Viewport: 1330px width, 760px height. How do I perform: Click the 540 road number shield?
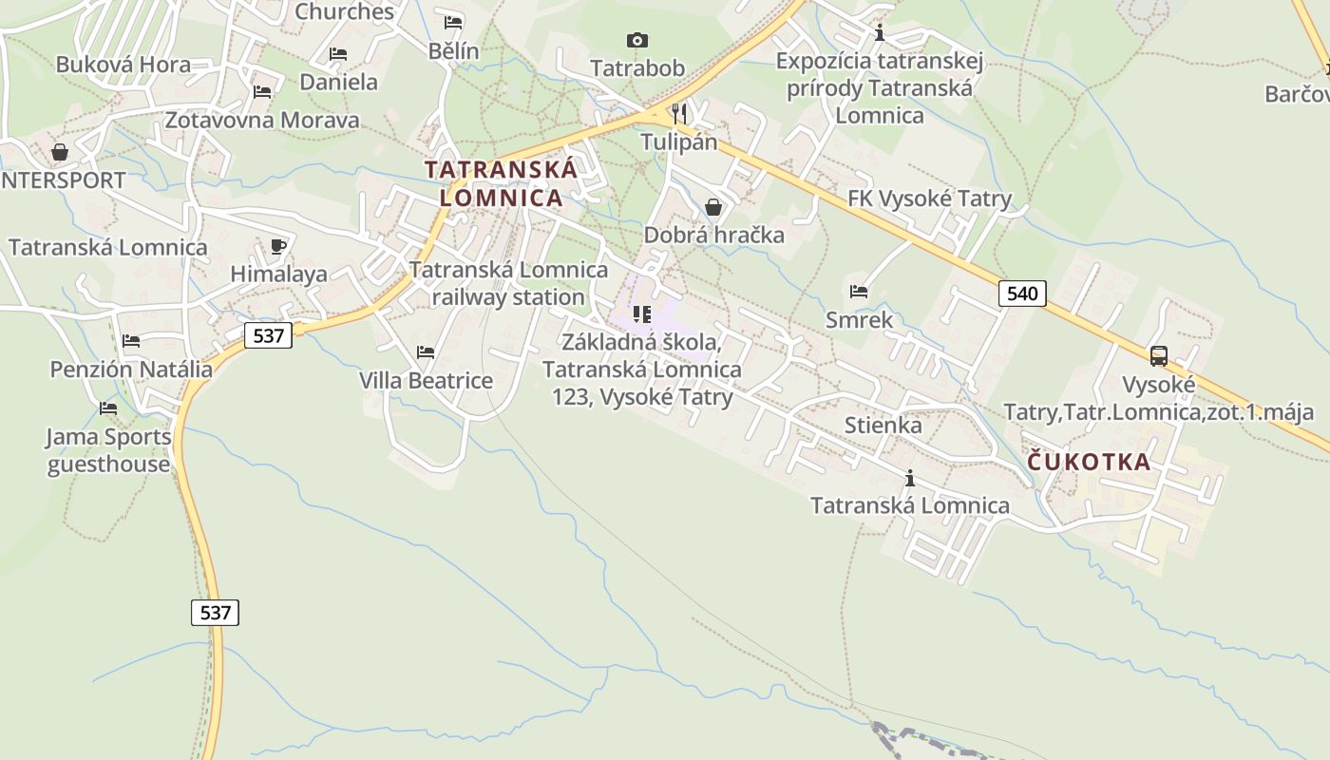click(1022, 294)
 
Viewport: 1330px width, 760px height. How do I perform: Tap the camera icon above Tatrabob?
click(637, 40)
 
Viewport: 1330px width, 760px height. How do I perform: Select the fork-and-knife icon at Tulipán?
click(678, 114)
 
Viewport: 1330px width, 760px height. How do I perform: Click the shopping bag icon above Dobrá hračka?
click(713, 207)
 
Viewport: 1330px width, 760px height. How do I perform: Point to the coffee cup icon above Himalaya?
click(278, 247)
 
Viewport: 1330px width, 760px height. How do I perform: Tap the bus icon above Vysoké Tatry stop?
click(1159, 356)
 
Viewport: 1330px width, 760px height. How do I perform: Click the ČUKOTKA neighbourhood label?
click(1089, 463)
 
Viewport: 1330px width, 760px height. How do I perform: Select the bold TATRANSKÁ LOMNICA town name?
click(501, 183)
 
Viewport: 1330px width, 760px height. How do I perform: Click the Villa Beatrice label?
click(426, 381)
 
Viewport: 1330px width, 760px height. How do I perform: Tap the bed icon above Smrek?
click(859, 292)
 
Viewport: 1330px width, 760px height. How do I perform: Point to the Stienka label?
click(883, 425)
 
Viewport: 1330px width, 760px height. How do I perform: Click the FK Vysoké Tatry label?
click(929, 199)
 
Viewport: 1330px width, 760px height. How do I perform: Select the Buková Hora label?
click(123, 65)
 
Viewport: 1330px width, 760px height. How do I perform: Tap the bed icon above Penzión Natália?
click(131, 341)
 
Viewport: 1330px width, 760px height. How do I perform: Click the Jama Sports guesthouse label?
click(109, 450)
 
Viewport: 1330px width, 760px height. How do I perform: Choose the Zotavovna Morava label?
click(262, 120)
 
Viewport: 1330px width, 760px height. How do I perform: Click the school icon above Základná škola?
click(642, 313)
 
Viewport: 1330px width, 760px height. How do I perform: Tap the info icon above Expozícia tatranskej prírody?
click(880, 33)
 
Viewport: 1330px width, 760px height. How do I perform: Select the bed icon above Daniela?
click(337, 54)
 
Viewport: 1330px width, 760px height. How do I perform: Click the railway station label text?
click(508, 283)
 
